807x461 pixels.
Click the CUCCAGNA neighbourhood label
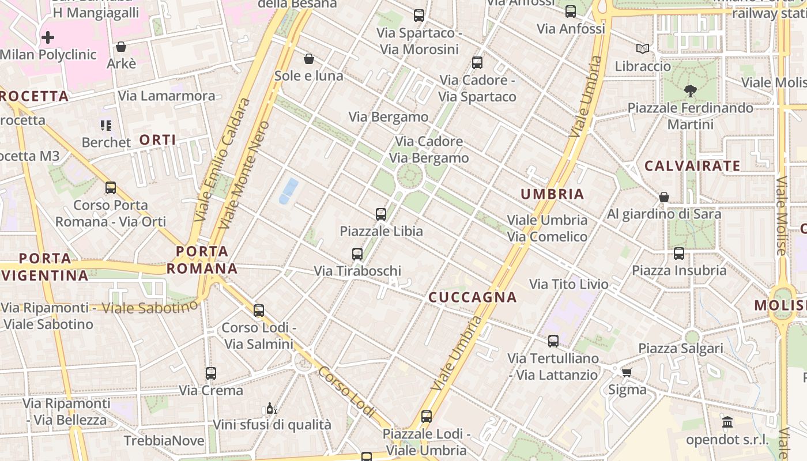(x=472, y=297)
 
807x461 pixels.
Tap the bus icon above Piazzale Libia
(x=380, y=214)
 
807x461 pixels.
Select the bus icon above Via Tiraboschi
(x=357, y=254)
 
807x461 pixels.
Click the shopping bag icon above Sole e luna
(x=309, y=59)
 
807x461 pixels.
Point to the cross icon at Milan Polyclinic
(x=48, y=38)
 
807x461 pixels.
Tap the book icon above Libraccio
(x=643, y=49)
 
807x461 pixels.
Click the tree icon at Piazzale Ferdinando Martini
(x=690, y=91)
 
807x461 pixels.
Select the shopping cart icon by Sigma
(x=627, y=372)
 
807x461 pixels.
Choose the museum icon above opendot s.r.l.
(x=727, y=422)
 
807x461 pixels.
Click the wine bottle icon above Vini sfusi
(x=271, y=409)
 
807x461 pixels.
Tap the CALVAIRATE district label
(x=692, y=166)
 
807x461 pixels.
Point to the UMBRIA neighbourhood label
(x=552, y=194)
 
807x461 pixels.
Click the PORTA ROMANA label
(x=202, y=260)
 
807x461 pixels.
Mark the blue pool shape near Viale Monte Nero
(x=289, y=191)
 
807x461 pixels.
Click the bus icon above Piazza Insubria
(x=678, y=254)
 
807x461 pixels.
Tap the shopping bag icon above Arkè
(x=121, y=47)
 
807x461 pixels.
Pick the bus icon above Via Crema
(x=210, y=373)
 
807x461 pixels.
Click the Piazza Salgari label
(x=680, y=349)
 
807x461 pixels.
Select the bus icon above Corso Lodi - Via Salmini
(x=259, y=311)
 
